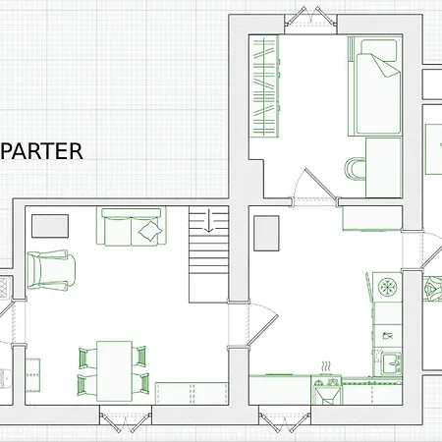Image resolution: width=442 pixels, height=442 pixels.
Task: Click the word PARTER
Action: point(41,151)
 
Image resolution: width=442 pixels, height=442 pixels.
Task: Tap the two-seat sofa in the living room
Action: point(132,227)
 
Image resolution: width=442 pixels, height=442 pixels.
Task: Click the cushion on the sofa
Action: point(150,231)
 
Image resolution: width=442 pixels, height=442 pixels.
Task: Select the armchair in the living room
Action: point(51,270)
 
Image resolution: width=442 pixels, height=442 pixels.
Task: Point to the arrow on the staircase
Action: point(208,221)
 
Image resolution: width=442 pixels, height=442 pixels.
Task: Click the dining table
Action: point(114,371)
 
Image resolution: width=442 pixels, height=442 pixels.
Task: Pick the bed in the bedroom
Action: point(375,86)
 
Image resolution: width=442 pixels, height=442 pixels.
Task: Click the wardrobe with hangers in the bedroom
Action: point(264,86)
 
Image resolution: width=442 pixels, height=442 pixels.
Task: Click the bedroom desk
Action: point(383,168)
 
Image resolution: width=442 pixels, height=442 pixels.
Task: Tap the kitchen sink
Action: point(392,363)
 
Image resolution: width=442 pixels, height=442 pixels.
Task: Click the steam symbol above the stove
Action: point(326,366)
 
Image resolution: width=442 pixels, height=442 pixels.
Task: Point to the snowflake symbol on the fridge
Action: point(387,287)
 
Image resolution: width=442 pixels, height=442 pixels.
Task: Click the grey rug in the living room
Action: point(50,226)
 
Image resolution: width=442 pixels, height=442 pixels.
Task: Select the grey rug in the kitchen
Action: point(266,233)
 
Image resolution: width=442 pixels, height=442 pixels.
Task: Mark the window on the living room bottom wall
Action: point(126,419)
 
